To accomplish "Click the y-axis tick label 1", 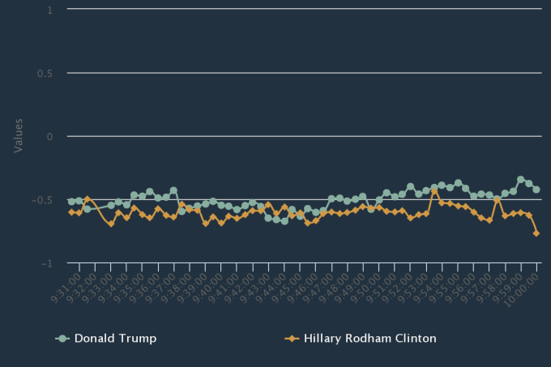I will coord(49,10).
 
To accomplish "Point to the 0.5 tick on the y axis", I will coord(45,73).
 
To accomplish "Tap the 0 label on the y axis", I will coord(49,136).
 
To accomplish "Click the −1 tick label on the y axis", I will coord(47,263).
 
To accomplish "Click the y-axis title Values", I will coord(18,136).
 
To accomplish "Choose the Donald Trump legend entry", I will coord(114,338).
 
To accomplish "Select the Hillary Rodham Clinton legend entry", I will coord(369,338).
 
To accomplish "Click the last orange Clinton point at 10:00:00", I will coord(536,233).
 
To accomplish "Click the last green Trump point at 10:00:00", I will coord(536,189).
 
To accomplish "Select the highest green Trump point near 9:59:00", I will coord(520,180).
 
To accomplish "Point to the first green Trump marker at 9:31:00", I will coord(71,201).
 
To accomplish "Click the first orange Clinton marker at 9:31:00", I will coord(71,212).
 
